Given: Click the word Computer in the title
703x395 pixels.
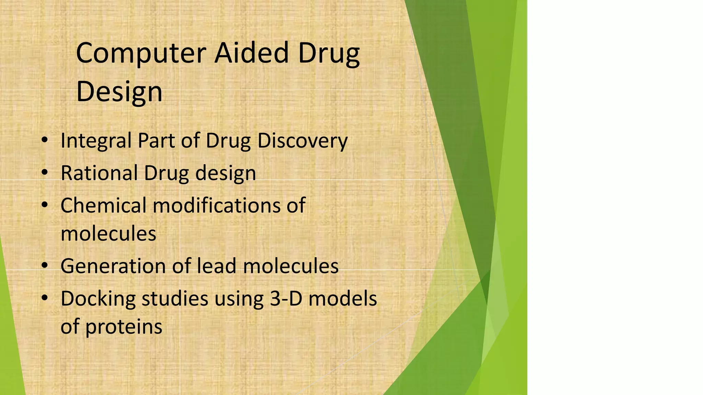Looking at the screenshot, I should point(141,53).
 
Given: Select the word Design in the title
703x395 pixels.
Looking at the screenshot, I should point(119,92).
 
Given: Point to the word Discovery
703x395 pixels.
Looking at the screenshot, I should point(302,141).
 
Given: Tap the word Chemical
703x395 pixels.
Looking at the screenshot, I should point(103,205).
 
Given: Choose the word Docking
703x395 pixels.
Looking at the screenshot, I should point(98,299).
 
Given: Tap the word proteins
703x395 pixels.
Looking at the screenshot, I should point(124,327).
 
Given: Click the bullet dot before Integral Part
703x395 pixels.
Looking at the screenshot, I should point(44,141).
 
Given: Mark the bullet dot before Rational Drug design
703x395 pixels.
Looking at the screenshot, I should point(44,173).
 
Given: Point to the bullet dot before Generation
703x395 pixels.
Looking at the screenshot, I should point(44,266).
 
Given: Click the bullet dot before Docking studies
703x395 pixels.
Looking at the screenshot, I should point(44,299).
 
